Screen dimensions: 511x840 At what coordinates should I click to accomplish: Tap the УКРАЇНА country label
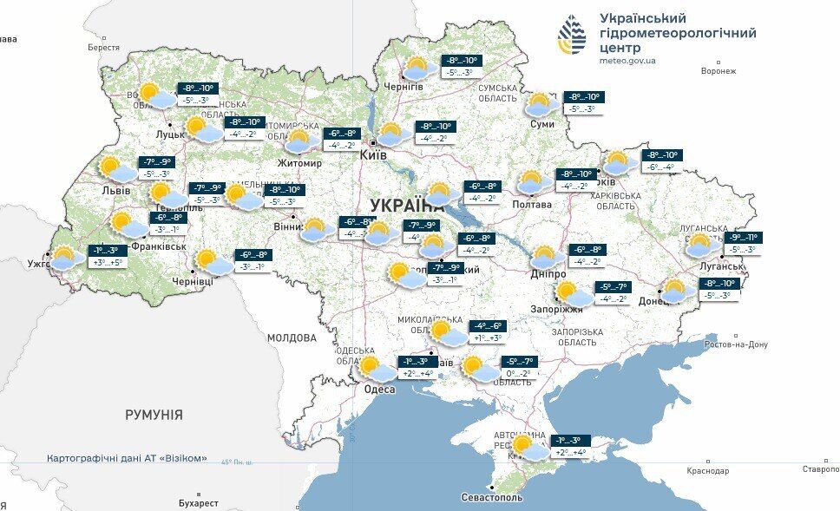click(x=406, y=206)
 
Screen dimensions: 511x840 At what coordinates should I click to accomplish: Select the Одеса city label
click(x=379, y=390)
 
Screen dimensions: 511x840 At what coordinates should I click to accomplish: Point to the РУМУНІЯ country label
click(x=154, y=415)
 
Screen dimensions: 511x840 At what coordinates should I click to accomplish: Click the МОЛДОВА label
click(x=292, y=337)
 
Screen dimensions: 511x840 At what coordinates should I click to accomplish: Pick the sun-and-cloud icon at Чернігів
click(x=419, y=69)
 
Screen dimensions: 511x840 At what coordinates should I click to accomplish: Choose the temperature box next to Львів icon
click(x=156, y=167)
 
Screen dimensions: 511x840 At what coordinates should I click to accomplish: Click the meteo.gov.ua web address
click(x=627, y=61)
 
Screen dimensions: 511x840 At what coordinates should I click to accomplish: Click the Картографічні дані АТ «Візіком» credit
click(x=127, y=458)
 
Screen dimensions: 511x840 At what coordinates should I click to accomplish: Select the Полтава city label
click(x=534, y=205)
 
